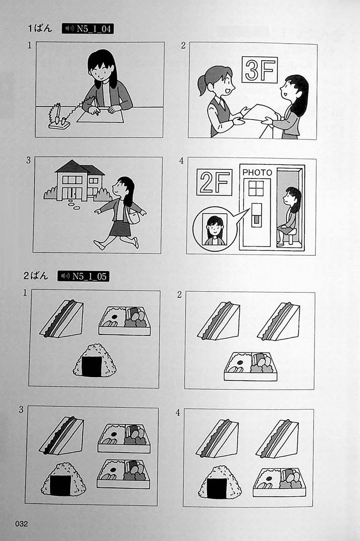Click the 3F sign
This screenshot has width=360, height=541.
click(260, 70)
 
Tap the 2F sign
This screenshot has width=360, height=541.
click(214, 182)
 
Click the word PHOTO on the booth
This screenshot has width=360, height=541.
click(257, 172)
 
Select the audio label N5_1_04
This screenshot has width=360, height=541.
click(88, 29)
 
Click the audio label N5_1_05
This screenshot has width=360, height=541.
click(83, 276)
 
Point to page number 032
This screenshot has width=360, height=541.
click(21, 523)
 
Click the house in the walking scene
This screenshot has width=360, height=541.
click(79, 181)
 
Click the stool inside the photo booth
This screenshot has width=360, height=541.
click(291, 235)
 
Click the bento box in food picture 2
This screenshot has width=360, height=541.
click(251, 366)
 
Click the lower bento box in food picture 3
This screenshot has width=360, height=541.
click(123, 474)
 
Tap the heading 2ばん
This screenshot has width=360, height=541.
click(36, 276)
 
